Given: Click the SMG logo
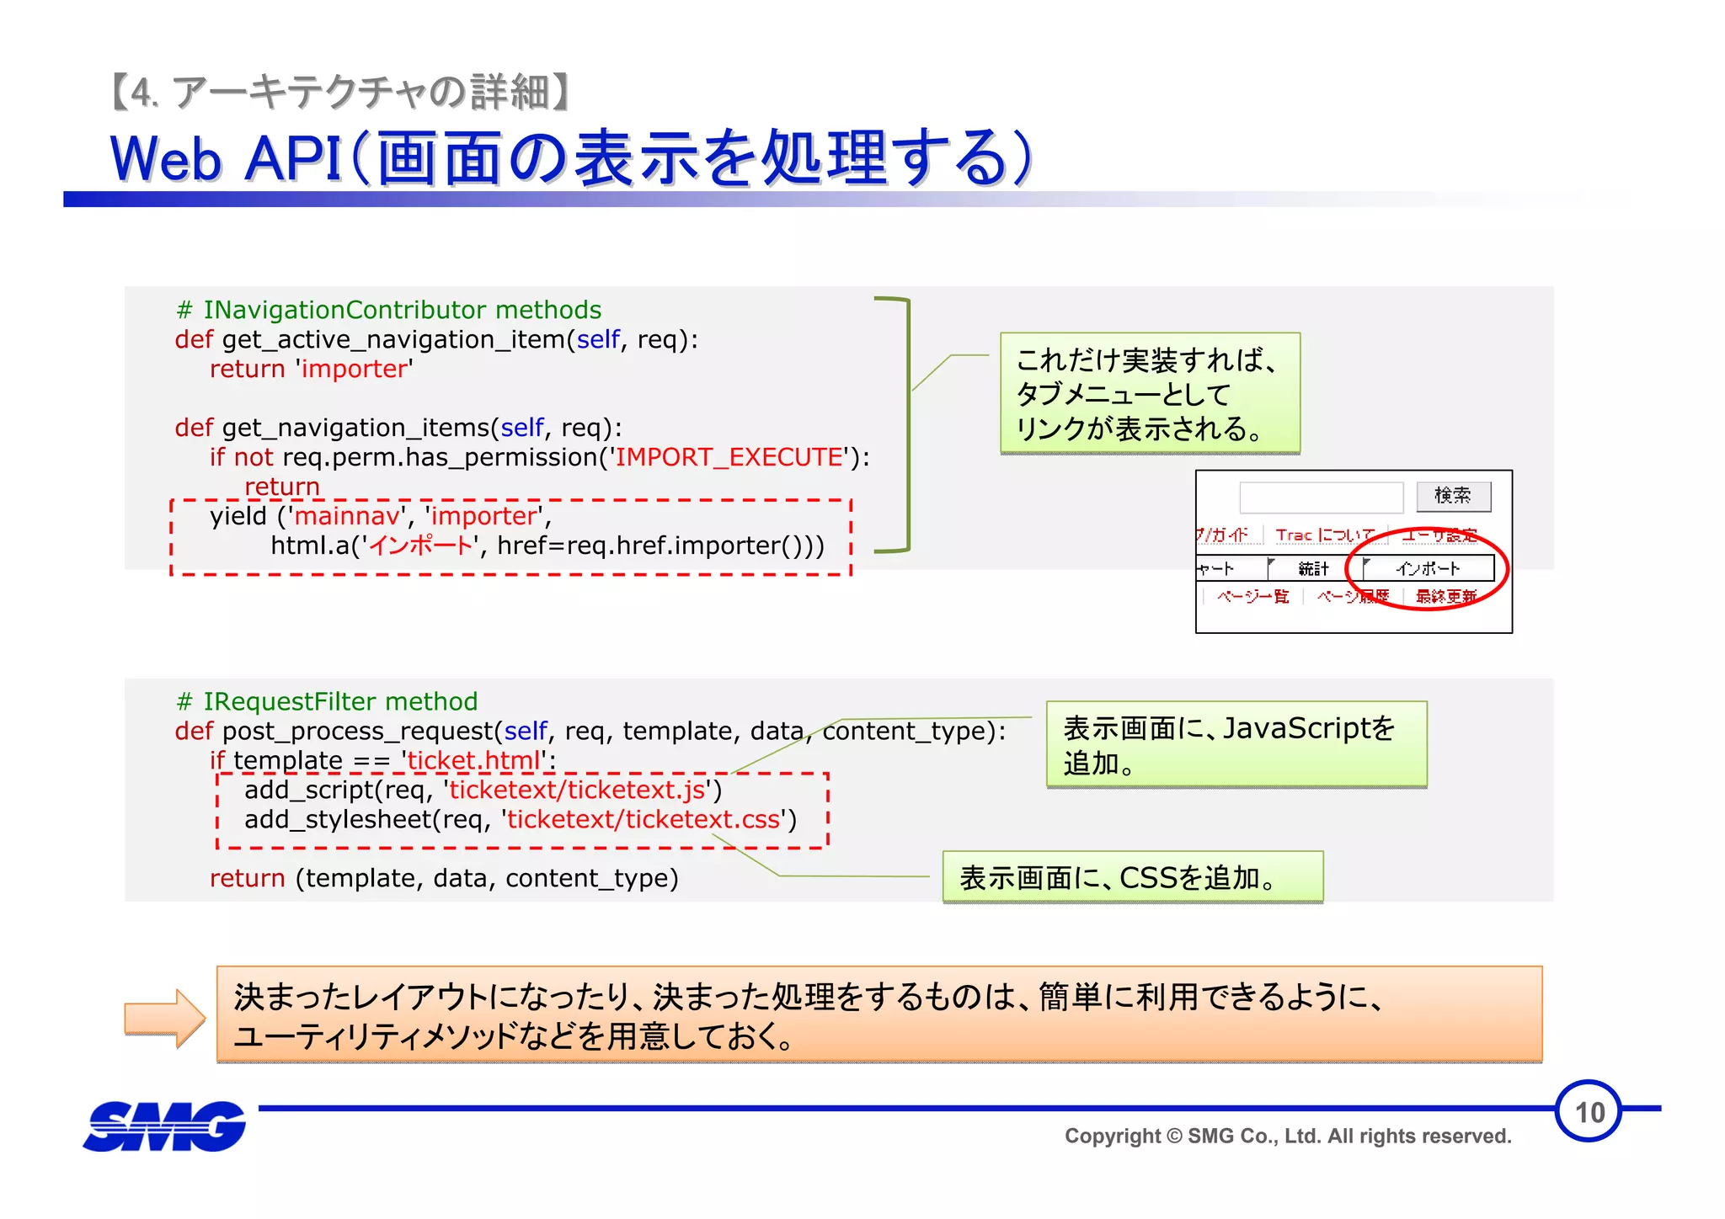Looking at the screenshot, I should [165, 1126].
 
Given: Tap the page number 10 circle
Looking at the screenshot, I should [1589, 1111].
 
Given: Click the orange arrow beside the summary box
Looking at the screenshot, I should [164, 1018].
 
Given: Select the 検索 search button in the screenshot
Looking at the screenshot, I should [1453, 496].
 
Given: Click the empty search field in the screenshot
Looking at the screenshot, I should [1321, 497].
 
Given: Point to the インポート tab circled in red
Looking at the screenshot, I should [1428, 569].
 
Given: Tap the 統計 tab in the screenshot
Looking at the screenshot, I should [1313, 569].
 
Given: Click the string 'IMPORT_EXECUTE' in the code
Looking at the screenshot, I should [729, 457].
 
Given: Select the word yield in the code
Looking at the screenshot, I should [238, 516].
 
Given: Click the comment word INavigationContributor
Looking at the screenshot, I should [344, 310].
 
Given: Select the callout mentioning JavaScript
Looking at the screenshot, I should [1236, 745].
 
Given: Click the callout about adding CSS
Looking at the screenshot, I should [1132, 877].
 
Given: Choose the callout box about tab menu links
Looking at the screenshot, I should [1150, 394].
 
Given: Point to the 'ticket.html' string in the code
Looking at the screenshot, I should [474, 760].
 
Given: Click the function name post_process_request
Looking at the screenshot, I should [357, 731].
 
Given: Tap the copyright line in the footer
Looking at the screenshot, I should [1287, 1136].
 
